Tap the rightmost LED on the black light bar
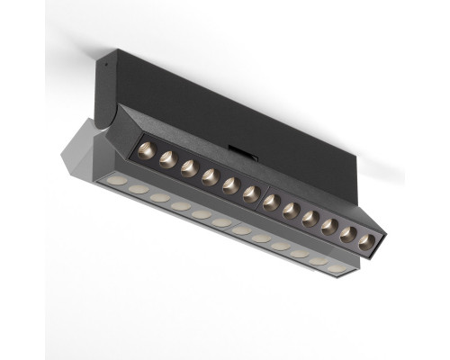point(365,241)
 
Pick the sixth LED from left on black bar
point(250,193)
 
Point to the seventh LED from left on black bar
point(270,202)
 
